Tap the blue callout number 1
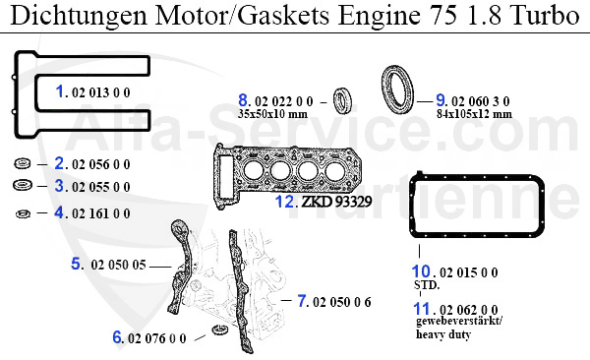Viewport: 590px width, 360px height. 60,91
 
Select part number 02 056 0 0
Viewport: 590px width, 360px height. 101,164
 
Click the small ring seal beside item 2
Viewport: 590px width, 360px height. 23,164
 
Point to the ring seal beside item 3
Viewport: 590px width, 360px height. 23,185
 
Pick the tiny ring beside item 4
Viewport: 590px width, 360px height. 23,213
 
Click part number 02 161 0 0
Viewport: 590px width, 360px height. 101,213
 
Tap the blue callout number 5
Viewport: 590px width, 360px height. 76,264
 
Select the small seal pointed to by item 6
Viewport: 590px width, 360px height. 219,330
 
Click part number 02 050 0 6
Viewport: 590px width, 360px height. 341,302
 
